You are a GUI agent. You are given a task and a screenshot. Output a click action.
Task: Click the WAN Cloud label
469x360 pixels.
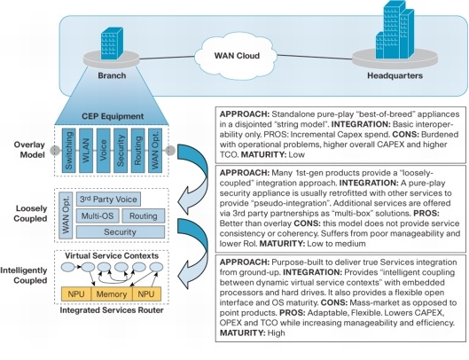tap(237, 56)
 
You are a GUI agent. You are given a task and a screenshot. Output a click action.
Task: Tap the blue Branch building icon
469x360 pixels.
tap(112, 43)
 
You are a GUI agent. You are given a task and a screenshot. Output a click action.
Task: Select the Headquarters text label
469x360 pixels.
tap(395, 75)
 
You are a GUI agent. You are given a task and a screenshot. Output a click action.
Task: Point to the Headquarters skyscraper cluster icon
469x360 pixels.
tap(395, 29)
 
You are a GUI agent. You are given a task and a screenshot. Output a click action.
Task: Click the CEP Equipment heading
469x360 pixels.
tap(113, 116)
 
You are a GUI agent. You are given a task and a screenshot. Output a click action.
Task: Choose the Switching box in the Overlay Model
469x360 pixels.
tap(69, 151)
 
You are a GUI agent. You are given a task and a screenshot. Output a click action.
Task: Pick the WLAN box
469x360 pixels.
tap(86, 151)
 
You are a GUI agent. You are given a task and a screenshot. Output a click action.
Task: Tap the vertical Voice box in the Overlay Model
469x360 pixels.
tap(103, 151)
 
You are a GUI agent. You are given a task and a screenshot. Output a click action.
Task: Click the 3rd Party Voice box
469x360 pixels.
tap(108, 200)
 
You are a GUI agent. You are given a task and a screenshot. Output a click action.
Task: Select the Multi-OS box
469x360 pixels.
tap(98, 215)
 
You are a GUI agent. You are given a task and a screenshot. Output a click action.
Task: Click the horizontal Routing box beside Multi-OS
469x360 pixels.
tap(144, 215)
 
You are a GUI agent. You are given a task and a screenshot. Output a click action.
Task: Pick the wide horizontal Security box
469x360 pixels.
tap(121, 232)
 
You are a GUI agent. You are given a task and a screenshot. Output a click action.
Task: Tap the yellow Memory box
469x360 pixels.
tap(112, 294)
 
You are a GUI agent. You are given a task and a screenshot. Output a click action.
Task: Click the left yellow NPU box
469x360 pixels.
tap(76, 294)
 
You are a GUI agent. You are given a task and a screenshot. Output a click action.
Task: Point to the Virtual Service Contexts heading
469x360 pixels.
tap(112, 256)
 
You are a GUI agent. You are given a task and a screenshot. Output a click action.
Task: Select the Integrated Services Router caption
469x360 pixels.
tap(112, 310)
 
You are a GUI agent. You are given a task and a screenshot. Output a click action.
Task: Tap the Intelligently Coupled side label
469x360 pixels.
tap(24, 275)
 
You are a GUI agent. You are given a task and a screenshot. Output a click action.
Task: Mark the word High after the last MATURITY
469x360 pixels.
tap(276, 333)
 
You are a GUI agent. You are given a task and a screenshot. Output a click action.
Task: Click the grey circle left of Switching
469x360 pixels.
tap(55, 150)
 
